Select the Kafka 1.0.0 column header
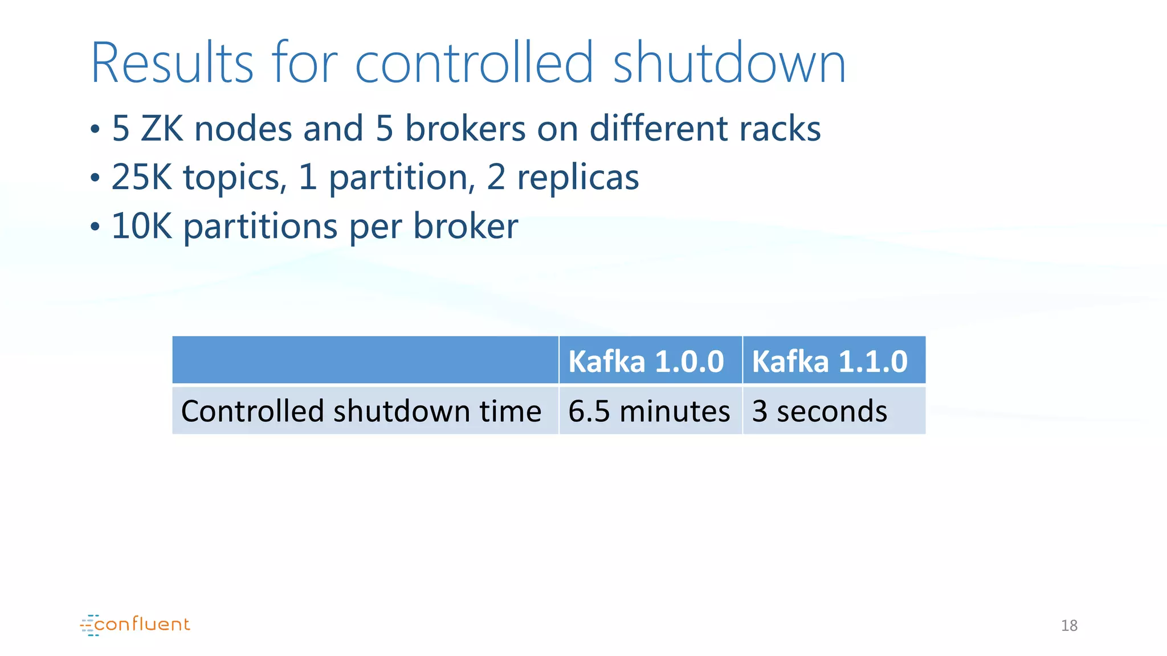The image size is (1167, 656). pos(646,362)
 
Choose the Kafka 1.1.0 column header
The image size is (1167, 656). pos(829,362)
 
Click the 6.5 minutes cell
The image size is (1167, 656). pos(649,411)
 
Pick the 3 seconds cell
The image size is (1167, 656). pos(819,411)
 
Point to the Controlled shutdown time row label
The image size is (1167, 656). pos(361,411)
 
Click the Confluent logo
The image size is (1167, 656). pos(135,625)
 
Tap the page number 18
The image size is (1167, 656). pos(1069,626)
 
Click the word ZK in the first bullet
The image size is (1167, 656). pos(162,129)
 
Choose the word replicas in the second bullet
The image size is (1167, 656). pos(578,177)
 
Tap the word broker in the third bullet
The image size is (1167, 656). pos(466,226)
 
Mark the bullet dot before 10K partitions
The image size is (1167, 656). pos(95,228)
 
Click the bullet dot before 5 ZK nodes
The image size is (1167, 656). pos(95,130)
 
